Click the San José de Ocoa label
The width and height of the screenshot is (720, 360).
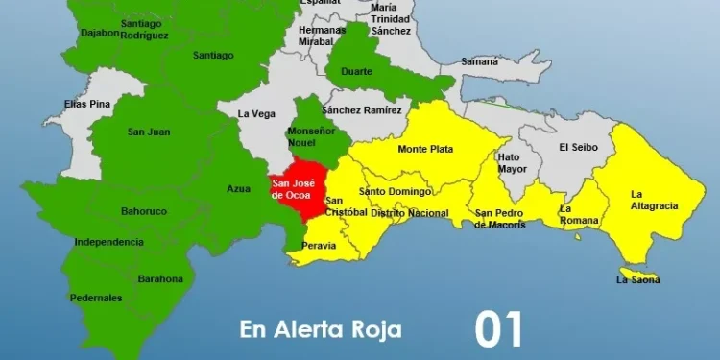(293, 188)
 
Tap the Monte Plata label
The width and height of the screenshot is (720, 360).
(425, 149)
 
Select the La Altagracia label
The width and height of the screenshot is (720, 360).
(655, 200)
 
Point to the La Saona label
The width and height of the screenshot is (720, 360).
(638, 280)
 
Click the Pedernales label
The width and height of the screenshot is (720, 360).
(97, 298)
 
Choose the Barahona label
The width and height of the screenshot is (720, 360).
(159, 278)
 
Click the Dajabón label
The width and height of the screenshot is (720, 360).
(100, 32)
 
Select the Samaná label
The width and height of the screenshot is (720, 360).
(480, 61)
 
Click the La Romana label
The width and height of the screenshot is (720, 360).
(579, 215)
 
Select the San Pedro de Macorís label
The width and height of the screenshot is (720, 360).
(500, 219)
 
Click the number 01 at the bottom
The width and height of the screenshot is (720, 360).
(499, 329)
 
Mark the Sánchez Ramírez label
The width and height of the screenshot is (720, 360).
(362, 110)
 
